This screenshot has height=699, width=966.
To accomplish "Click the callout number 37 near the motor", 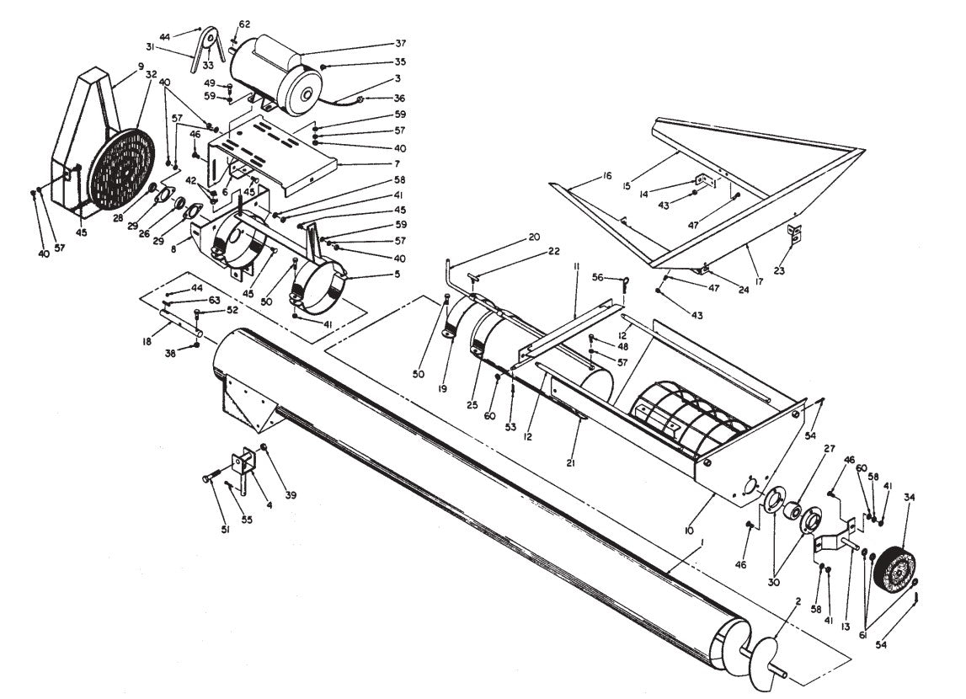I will coord(400,44).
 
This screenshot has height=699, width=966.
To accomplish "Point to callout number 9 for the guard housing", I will coord(141,66).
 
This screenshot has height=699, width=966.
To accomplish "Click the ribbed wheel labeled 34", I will coord(895,572).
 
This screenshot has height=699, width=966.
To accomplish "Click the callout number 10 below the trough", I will coord(689,531).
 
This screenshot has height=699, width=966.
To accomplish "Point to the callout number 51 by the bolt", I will coord(225,529).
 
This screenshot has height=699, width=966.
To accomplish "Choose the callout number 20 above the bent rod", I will coord(533,237).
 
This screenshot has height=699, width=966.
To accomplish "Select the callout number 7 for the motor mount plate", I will coord(398,162).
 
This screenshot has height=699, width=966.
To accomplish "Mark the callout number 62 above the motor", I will coord(244,24).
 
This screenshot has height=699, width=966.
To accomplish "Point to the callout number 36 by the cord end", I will coord(399,98).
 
